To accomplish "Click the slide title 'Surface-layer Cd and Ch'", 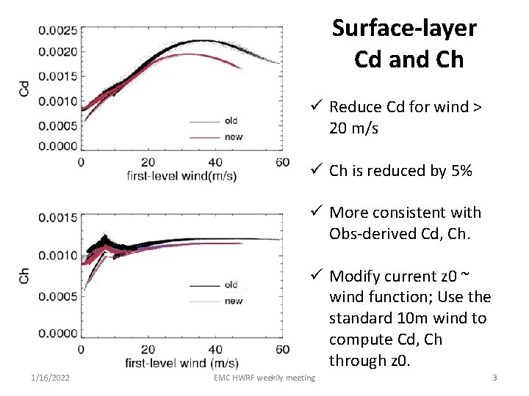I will click(404, 43).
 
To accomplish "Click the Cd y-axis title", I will click(24, 88).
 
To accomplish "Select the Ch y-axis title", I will click(24, 275).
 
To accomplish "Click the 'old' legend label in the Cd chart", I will click(231, 121).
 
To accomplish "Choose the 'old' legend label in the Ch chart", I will click(231, 285).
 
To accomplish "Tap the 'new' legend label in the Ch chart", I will click(233, 301).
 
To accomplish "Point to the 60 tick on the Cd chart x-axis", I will click(282, 162).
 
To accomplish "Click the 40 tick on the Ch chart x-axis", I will click(215, 349).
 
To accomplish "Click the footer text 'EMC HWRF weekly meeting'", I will click(264, 378).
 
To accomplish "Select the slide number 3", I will click(494, 378).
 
